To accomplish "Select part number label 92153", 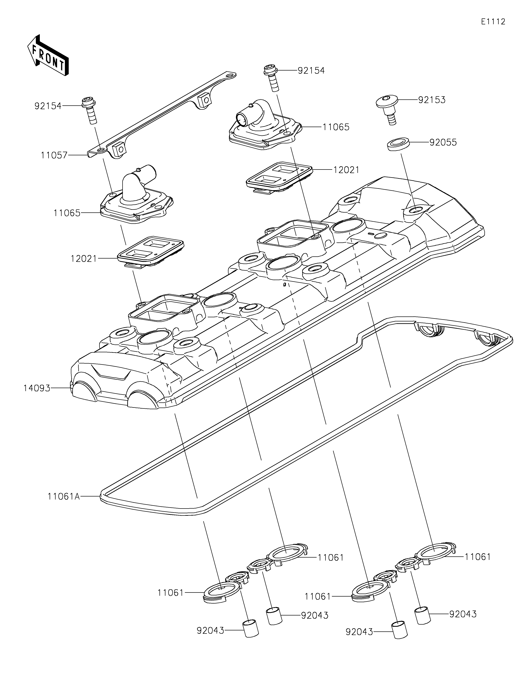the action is [432, 100].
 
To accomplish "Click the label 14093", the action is [37, 388].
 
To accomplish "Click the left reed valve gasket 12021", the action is [150, 253].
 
